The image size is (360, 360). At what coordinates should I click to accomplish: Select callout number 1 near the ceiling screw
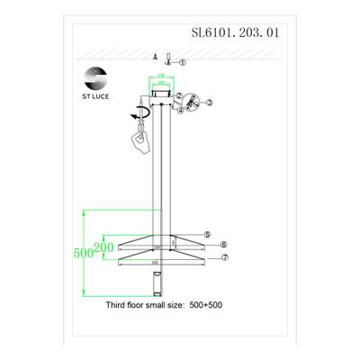[182, 62]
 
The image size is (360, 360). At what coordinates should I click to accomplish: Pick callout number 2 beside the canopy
[180, 95]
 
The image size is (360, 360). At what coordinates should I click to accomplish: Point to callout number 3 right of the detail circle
[208, 103]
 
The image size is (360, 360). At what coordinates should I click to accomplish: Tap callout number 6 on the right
[222, 245]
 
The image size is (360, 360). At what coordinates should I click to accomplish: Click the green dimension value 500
[84, 253]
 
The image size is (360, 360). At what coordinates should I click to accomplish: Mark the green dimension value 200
[103, 247]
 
